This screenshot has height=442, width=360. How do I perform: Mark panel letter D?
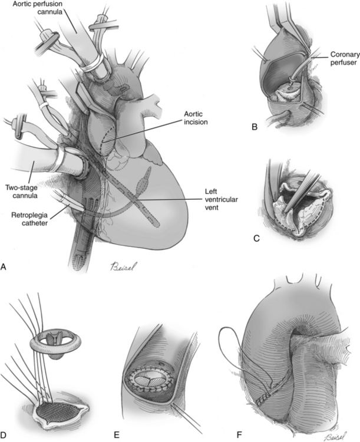coord(4,436)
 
